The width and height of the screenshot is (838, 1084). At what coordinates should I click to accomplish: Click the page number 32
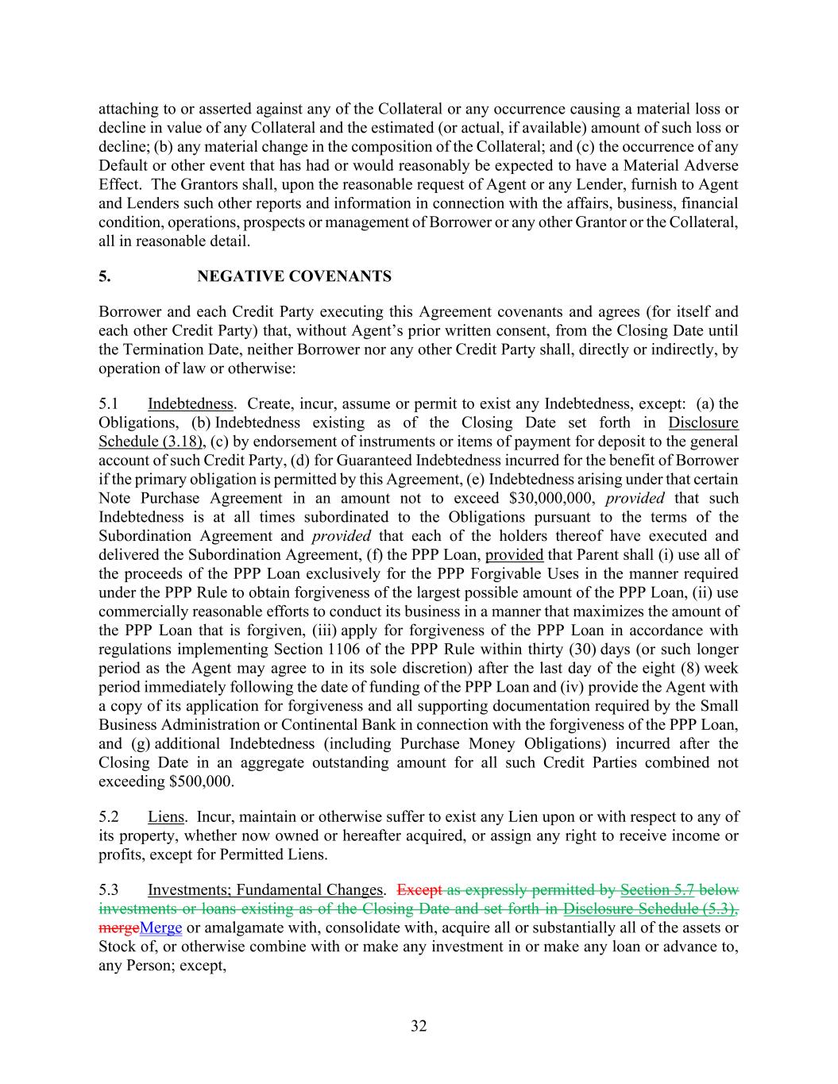click(419, 1026)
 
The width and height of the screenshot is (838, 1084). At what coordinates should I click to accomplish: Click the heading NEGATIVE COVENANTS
click(294, 276)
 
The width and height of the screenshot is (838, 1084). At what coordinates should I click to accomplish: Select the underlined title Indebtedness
click(191, 403)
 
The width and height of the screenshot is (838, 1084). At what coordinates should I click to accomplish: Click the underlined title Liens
click(165, 816)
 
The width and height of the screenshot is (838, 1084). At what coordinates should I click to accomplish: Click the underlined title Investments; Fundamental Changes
click(265, 889)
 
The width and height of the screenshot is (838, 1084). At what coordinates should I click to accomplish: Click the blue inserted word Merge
click(160, 928)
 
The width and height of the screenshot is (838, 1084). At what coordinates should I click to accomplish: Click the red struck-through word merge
click(118, 928)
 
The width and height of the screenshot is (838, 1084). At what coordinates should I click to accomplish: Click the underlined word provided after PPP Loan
click(514, 554)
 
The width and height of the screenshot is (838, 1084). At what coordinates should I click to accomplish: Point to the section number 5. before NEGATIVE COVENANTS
click(104, 276)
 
